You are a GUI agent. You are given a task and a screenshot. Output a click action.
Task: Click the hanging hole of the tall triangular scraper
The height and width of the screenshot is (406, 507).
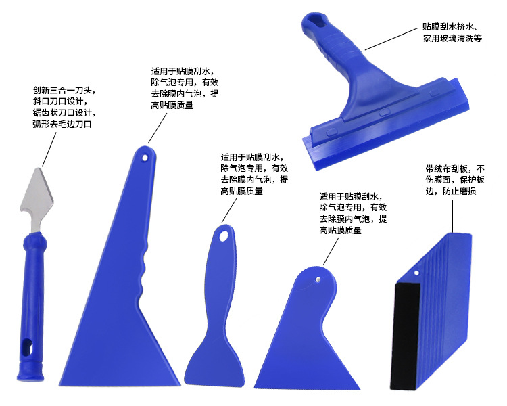[x=145, y=156]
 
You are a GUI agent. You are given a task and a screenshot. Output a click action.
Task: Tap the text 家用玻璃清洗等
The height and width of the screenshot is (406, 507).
[x=452, y=39]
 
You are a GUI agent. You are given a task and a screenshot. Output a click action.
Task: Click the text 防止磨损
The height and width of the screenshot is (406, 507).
[x=461, y=191]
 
